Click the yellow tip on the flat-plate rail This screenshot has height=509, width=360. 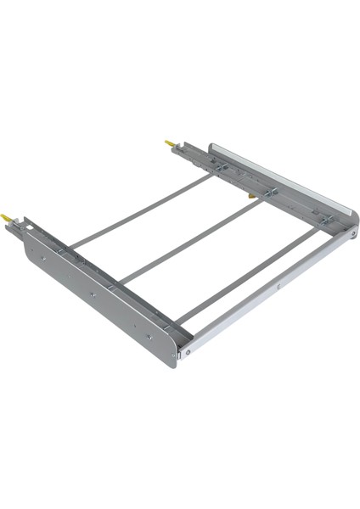pos(8,218)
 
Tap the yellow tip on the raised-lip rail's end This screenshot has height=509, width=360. pos(169,143)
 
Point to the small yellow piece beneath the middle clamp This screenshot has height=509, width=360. pos(251,197)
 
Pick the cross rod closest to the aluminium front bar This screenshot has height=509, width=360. pos(246,276)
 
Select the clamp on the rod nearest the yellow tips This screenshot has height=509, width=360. pos(220,168)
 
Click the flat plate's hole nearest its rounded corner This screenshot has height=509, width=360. pos(149,336)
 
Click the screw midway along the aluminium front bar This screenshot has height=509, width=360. pos(278,286)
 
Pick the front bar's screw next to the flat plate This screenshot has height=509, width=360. pos(186,347)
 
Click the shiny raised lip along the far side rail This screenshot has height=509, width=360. pos(280,179)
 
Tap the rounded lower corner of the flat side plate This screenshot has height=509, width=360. pos(171,361)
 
